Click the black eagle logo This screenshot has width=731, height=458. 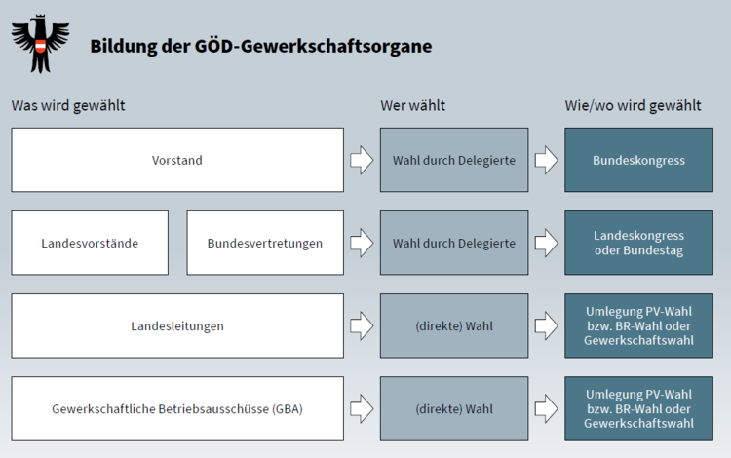tap(41, 43)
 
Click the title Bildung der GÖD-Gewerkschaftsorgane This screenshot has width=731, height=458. tap(261, 46)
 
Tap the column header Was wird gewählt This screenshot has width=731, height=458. tap(68, 106)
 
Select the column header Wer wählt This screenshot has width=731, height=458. tap(412, 106)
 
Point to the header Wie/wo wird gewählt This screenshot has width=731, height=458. tap(633, 106)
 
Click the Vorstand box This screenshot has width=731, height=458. tap(177, 160)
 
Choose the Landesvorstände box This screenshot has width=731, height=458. tap(90, 243)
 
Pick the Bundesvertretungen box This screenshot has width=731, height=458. tap(265, 243)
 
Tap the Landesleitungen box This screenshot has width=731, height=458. tap(177, 325)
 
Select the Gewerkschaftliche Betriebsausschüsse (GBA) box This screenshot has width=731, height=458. tap(177, 408)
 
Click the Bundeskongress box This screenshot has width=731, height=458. tap(638, 160)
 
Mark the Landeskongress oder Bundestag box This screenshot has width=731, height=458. tap(638, 243)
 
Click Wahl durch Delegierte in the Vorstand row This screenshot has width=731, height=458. tap(454, 160)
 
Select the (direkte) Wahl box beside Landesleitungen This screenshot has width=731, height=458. tap(454, 325)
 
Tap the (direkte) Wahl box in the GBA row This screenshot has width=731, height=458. tap(454, 408)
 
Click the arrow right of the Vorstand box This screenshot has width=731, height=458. tap(362, 160)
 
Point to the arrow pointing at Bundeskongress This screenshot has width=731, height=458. tap(547, 160)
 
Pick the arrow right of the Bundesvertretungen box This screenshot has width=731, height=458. tap(362, 243)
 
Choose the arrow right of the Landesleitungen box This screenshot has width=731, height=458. tap(362, 325)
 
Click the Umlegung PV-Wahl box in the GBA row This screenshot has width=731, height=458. tap(638, 408)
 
